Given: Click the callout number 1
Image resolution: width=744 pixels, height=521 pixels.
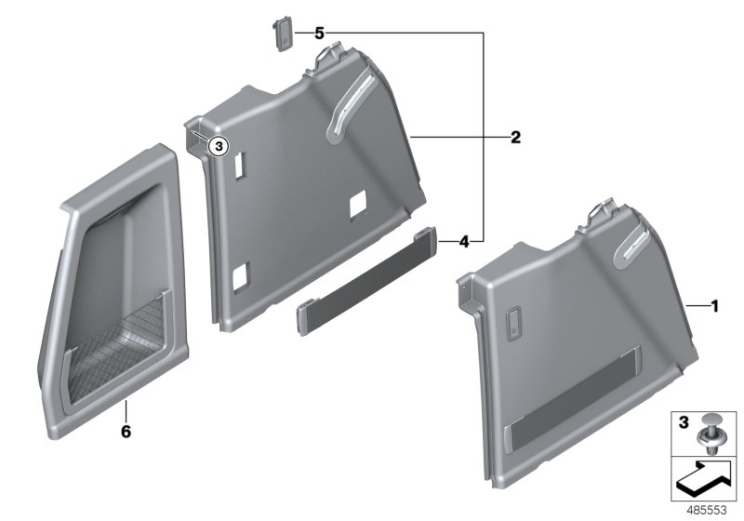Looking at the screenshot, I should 714,306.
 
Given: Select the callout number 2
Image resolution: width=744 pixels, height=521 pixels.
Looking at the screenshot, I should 514,138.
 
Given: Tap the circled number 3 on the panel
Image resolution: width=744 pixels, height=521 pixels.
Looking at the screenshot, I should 217,146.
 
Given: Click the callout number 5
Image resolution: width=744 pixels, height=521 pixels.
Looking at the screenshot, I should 318,33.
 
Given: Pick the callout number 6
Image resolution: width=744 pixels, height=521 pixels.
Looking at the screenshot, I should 126,432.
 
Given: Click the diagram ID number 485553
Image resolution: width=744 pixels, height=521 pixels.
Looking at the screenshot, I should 706,510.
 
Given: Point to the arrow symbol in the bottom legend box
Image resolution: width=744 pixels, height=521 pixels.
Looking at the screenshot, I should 702,480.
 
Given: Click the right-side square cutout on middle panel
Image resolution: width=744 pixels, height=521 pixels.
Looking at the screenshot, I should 358,201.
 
